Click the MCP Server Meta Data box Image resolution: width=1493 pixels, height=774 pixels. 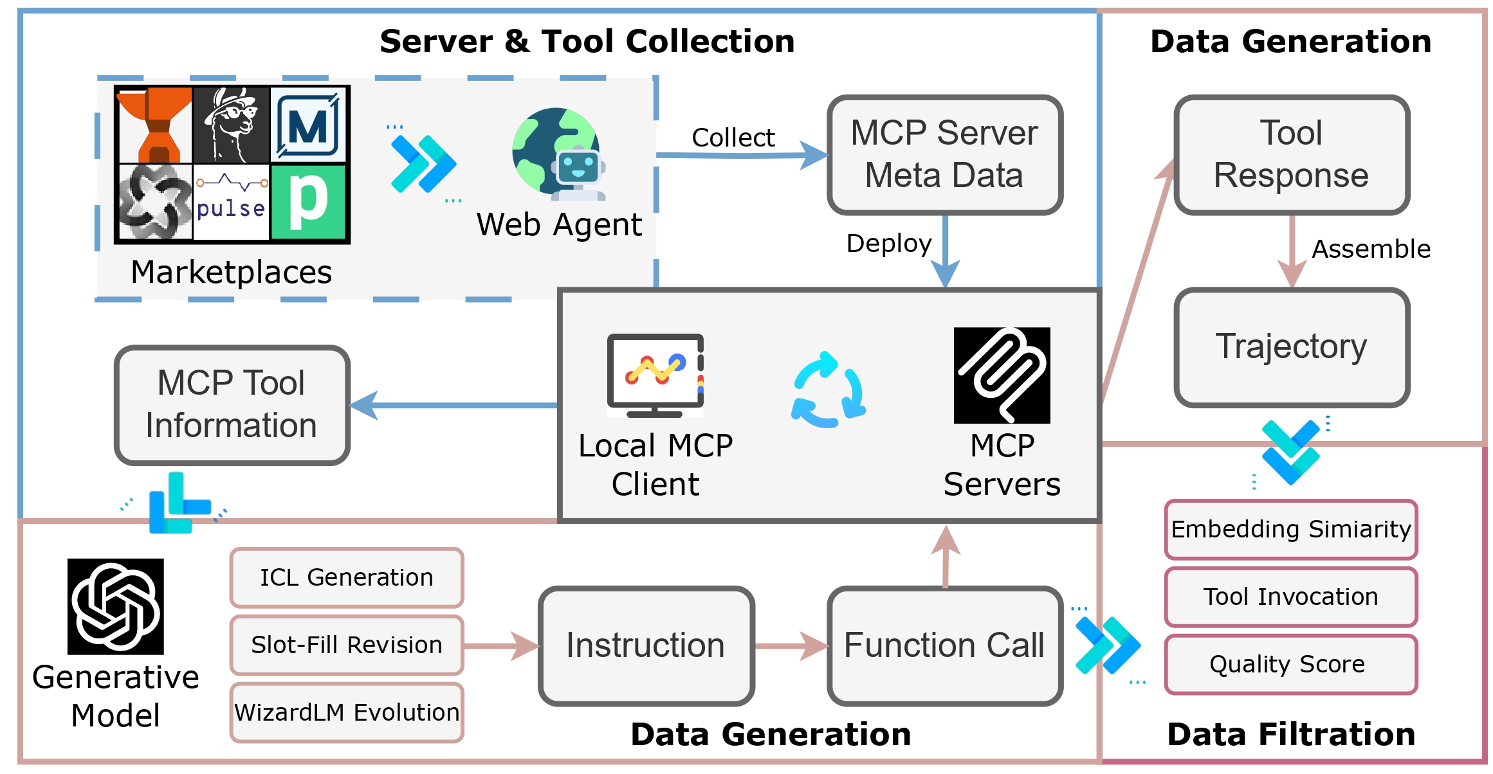click(944, 154)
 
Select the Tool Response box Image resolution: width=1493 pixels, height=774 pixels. click(1292, 154)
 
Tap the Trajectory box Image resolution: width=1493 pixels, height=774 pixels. click(1292, 347)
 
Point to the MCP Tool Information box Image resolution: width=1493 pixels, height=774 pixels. click(232, 404)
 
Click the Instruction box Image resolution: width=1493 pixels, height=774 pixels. click(646, 645)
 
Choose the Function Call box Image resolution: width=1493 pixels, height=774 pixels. click(944, 645)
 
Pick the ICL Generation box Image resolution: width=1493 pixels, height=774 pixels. click(347, 577)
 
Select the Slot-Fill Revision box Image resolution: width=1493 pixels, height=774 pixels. click(347, 645)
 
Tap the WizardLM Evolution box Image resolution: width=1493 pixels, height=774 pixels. click(347, 712)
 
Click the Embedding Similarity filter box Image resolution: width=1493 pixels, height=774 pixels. click(1291, 529)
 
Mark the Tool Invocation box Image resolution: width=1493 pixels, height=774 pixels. click(1291, 597)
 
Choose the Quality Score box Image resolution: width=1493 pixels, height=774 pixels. click(1291, 664)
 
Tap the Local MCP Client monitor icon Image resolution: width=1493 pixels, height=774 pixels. click(655, 375)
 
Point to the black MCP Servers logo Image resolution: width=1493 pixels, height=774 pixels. click(1002, 375)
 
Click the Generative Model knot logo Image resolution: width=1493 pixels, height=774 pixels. click(116, 606)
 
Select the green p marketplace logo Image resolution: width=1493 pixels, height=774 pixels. click(309, 202)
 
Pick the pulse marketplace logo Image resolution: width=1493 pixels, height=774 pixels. click(232, 201)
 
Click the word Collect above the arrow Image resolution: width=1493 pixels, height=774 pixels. click(733, 138)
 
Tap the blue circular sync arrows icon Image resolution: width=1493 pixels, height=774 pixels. click(829, 390)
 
